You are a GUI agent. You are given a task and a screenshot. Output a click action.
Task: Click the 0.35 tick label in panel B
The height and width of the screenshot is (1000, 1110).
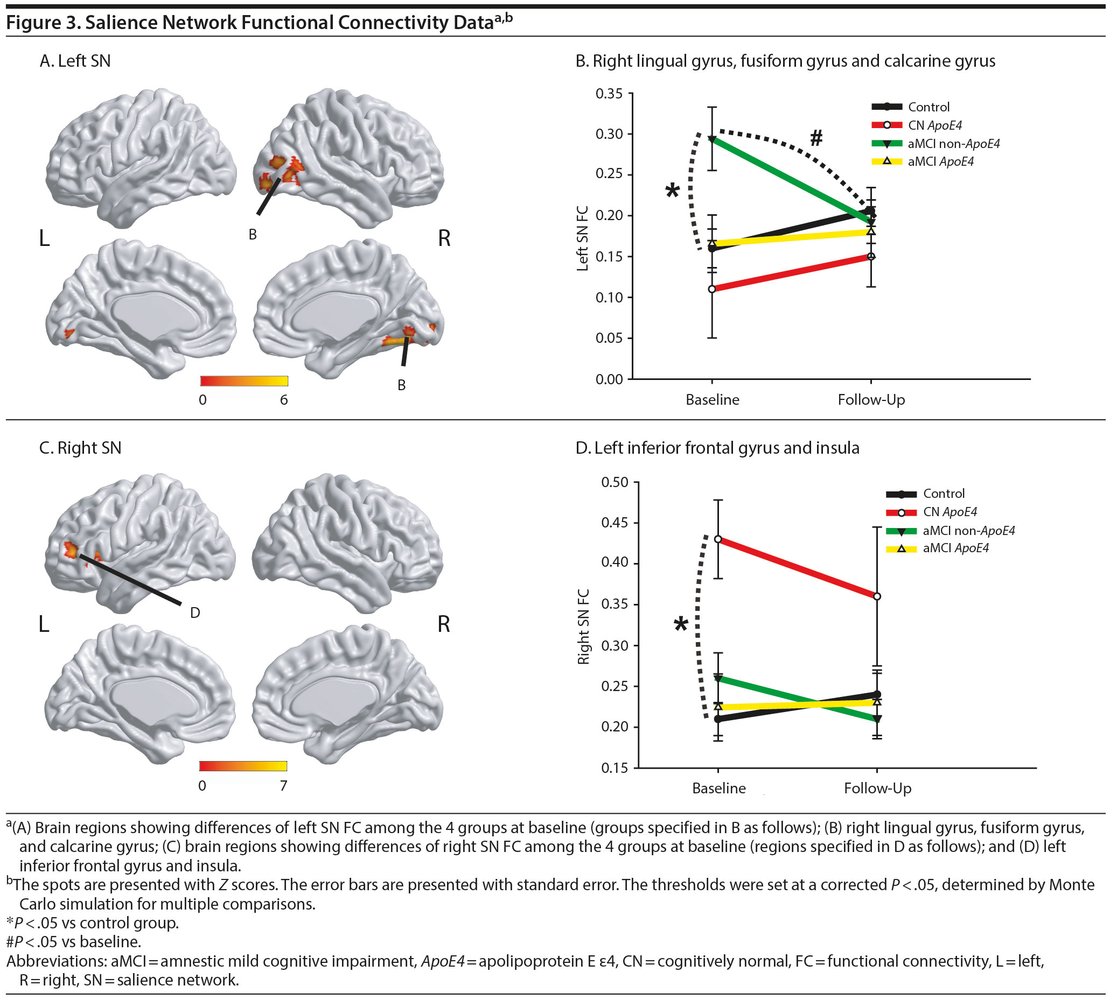point(609,94)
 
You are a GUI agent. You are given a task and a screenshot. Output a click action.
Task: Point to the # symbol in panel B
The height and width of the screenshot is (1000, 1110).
point(816,138)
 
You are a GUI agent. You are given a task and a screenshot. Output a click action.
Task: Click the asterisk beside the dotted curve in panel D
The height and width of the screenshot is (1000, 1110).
point(681,625)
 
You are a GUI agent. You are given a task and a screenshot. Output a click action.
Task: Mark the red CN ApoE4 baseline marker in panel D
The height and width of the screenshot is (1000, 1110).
point(718,539)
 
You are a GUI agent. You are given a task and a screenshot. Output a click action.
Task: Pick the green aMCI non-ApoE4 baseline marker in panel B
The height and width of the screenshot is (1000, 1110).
point(712,139)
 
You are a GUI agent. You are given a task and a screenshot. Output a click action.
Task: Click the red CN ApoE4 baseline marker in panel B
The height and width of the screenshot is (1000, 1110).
point(712,289)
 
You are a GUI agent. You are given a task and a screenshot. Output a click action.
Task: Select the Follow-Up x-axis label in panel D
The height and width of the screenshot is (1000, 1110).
point(877,788)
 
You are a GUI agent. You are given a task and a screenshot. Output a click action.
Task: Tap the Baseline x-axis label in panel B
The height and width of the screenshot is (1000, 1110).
point(712,400)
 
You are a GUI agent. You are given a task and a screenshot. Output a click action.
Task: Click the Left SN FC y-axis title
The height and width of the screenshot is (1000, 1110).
point(583,238)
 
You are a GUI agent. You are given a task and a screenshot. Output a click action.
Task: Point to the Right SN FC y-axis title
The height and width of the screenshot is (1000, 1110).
point(584,626)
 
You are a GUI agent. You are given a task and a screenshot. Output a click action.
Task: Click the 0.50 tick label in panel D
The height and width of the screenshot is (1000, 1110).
point(615,482)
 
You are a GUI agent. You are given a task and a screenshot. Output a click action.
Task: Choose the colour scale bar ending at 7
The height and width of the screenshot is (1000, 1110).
point(243,766)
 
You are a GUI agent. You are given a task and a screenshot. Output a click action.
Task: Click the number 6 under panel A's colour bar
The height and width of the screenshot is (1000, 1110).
point(284,400)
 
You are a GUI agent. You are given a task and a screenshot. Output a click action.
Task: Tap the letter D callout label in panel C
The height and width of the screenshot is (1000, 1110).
point(194,612)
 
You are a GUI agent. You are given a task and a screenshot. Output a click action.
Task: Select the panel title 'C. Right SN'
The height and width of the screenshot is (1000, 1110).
point(80,448)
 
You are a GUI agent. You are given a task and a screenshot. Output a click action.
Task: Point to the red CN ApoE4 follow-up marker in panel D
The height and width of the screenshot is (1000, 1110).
point(877,596)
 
